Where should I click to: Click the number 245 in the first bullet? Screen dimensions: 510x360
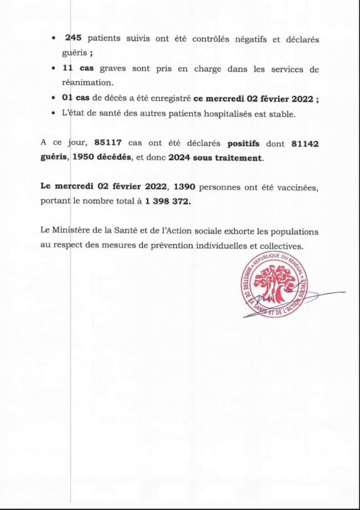(73, 39)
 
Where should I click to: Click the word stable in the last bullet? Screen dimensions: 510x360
(281, 115)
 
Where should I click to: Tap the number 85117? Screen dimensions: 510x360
(108, 144)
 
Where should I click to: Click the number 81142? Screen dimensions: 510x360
(304, 144)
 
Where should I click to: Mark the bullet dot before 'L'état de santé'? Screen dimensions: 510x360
(53, 115)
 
